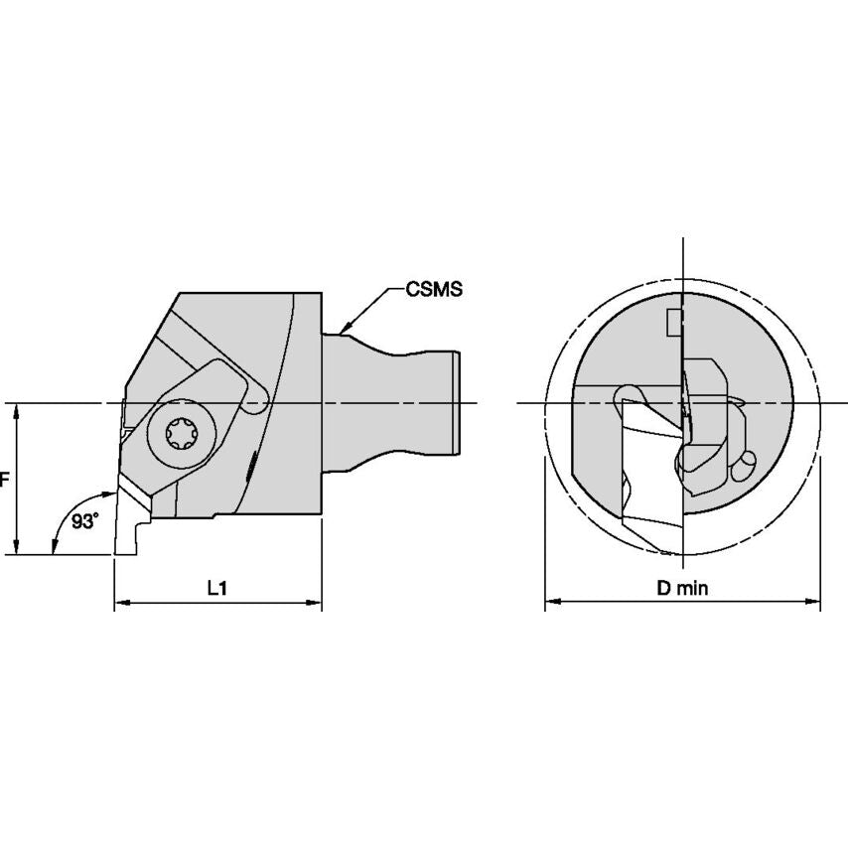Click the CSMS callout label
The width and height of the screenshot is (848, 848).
[x=435, y=290]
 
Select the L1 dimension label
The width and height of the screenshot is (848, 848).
[x=217, y=587]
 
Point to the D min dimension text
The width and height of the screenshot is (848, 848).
[x=682, y=587]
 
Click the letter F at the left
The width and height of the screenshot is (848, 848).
[x=4, y=479]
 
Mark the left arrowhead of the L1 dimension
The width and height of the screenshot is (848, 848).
[x=122, y=603]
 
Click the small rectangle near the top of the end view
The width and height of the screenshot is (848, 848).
[x=674, y=322]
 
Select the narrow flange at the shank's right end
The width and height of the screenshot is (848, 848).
[x=455, y=402]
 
